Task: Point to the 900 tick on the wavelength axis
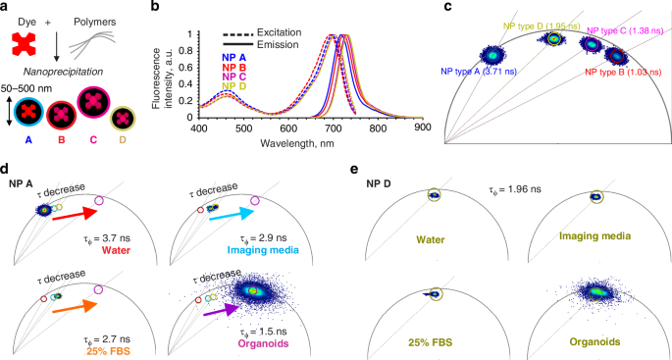click(421, 128)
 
